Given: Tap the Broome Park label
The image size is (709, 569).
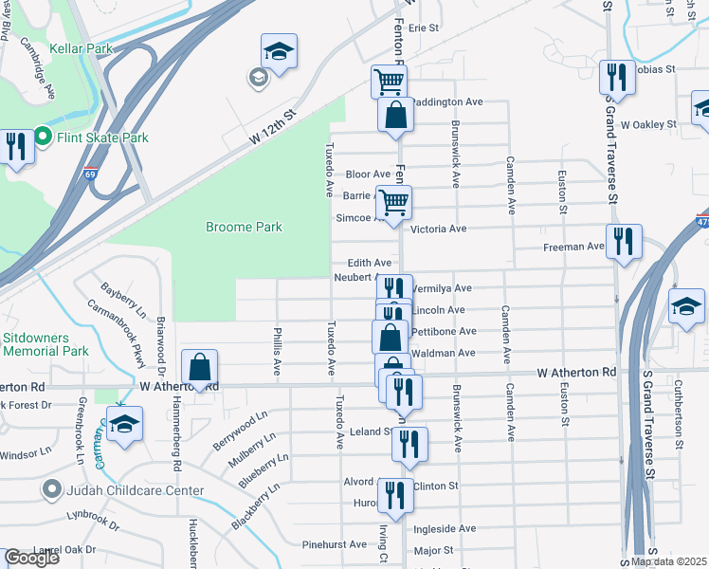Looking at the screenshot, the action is point(245,228).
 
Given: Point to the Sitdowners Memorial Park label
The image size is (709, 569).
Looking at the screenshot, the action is point(45,343).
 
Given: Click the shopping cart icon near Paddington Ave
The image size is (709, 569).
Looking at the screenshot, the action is point(389,82).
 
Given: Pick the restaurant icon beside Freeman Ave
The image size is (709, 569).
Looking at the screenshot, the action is point(624,241).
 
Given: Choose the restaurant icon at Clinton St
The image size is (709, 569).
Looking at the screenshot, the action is point(394,495).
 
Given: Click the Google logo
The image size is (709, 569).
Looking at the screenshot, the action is point(31,558).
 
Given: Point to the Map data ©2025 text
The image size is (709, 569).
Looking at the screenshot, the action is point(668,561).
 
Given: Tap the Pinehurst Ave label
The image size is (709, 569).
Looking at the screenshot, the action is point(335,545).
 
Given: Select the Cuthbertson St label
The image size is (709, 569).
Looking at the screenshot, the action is point(680,408).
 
